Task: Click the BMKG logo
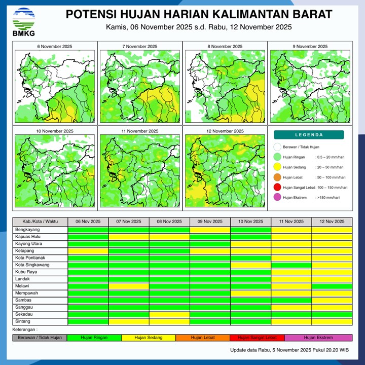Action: [23, 22]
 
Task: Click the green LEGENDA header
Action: [309, 135]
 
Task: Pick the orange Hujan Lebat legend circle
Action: [277, 177]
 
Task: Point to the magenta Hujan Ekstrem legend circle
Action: [277, 197]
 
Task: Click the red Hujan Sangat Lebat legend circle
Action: [277, 187]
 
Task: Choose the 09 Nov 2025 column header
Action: [210, 222]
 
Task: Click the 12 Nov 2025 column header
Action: [332, 222]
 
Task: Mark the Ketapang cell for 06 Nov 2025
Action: [88, 250]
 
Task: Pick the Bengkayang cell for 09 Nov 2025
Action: [210, 230]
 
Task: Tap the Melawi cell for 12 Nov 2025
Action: [332, 286]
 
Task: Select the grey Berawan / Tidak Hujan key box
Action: [40, 338]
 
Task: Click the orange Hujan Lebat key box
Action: [203, 338]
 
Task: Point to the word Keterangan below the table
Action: [25, 330]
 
